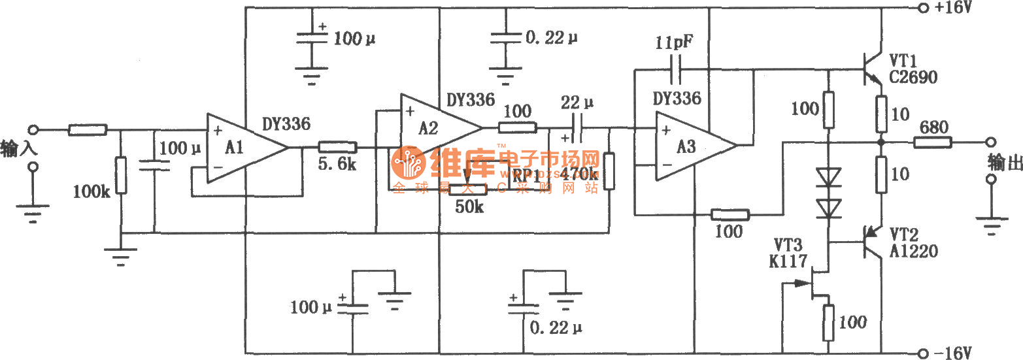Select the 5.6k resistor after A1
(x=337, y=148)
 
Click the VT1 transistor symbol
(x=873, y=69)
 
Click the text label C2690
(x=913, y=78)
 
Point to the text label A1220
(x=913, y=250)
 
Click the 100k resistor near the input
(x=120, y=175)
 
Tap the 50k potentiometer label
(x=470, y=207)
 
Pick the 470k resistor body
(x=609, y=171)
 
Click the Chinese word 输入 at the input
(x=19, y=148)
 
